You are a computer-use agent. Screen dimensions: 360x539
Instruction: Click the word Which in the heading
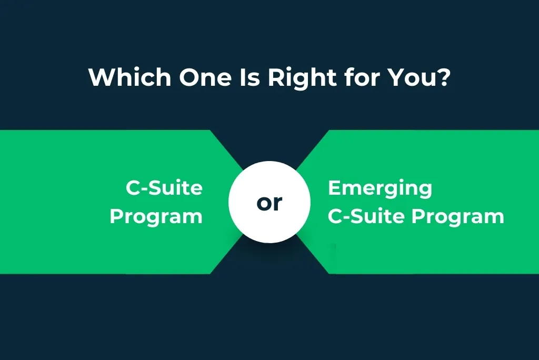point(129,77)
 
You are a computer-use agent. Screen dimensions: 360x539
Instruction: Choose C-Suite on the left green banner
point(164,188)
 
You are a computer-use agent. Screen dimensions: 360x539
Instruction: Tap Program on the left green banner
point(156,216)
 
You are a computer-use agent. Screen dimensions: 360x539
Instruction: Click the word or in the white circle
point(269,203)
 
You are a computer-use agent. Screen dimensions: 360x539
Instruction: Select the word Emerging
point(380,188)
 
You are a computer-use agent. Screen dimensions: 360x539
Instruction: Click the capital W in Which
point(100,77)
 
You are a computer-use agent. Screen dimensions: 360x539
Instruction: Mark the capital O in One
point(188,77)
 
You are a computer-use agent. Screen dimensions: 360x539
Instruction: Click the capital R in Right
point(275,77)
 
